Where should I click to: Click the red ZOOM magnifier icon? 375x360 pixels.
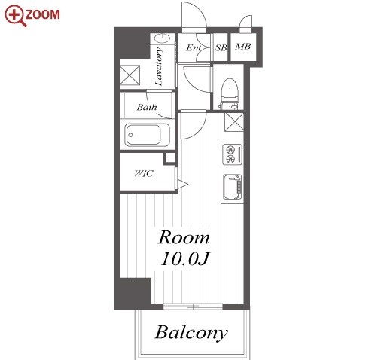[14, 16]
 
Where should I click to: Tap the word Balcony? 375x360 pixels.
[191, 333]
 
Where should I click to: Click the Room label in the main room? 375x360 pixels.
[184, 237]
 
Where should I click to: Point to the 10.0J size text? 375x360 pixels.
[184, 258]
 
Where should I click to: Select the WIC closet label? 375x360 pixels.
[144, 173]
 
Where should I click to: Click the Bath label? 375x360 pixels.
[147, 108]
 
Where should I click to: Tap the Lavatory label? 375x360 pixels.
[159, 66]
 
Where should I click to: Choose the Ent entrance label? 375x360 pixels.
[194, 47]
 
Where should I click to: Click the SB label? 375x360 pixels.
[221, 47]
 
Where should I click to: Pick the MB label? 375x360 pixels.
[243, 47]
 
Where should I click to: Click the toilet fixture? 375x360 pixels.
[229, 93]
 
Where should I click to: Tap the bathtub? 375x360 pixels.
[148, 135]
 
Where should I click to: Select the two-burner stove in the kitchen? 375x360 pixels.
[232, 154]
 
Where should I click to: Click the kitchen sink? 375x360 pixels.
[233, 187]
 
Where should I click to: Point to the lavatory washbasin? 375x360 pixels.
[162, 38]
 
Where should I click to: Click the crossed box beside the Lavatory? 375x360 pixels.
[130, 75]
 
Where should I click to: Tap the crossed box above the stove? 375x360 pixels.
[234, 122]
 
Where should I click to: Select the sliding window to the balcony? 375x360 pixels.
[193, 307]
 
